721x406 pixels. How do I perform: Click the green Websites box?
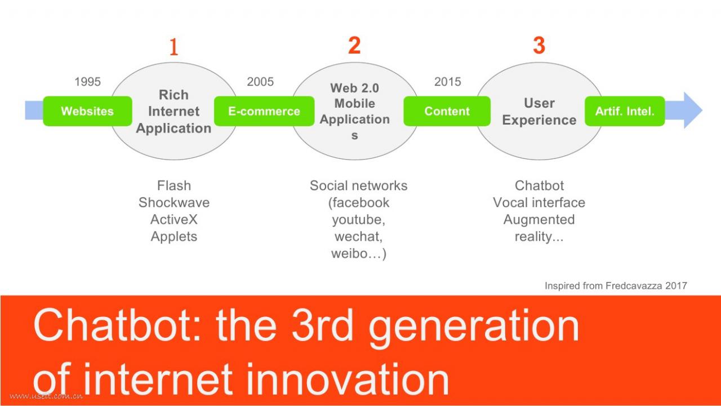click(x=87, y=111)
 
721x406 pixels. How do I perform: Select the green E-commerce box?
click(x=264, y=111)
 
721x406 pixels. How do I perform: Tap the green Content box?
click(x=447, y=111)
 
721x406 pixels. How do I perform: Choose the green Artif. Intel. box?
click(x=625, y=111)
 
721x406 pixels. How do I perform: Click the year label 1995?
click(x=87, y=82)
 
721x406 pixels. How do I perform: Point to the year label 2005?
click(x=260, y=82)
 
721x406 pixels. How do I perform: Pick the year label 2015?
click(x=447, y=82)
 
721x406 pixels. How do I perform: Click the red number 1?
click(x=174, y=46)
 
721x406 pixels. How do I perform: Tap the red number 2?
click(x=354, y=45)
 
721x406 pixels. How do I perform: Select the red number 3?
click(x=539, y=45)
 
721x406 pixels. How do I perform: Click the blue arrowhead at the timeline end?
click(x=693, y=111)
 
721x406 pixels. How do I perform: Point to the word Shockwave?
click(x=174, y=202)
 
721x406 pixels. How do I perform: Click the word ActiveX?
click(x=174, y=220)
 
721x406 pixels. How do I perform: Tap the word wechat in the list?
click(x=358, y=237)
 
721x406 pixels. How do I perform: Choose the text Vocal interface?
click(x=539, y=202)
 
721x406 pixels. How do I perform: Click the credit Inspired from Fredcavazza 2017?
click(x=616, y=286)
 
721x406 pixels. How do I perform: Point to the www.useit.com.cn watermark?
click(x=46, y=396)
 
